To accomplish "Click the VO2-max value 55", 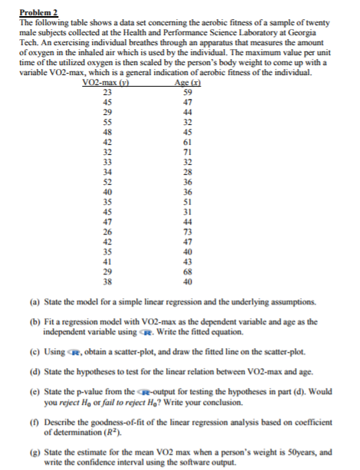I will click(x=108, y=121).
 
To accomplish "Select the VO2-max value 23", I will click(x=108, y=91).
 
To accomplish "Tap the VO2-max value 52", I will click(x=108, y=182).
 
